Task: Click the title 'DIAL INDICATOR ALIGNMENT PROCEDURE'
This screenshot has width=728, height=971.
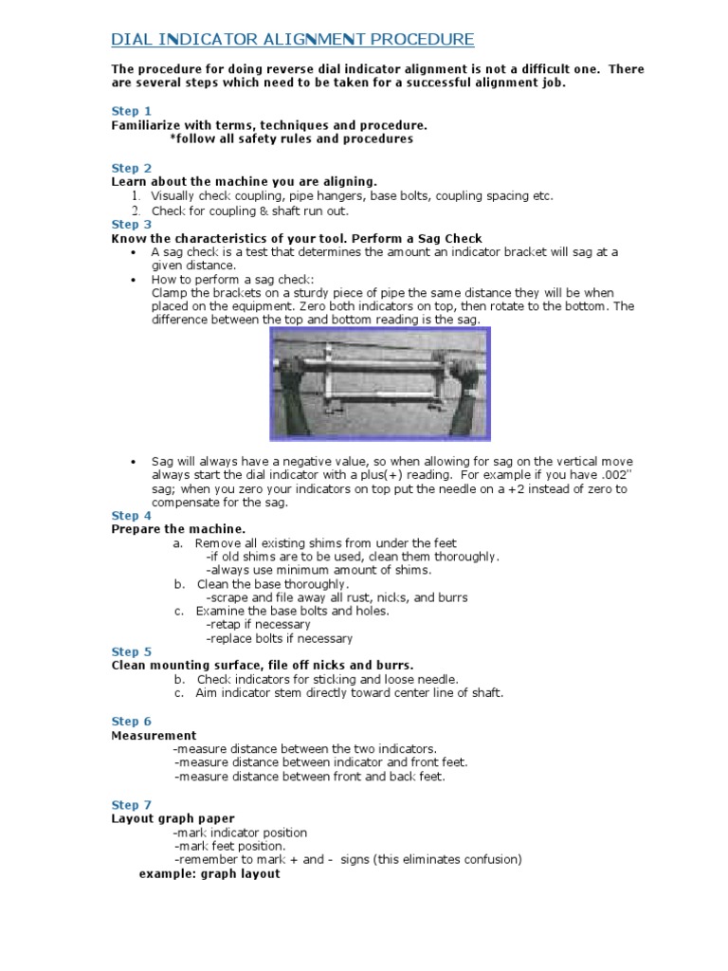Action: coord(293,39)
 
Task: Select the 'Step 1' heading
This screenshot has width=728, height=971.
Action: coord(132,111)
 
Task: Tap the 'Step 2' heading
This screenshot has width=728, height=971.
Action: coord(132,168)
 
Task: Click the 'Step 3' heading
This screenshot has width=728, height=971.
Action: coord(132,225)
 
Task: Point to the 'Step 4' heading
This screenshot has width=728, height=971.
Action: coord(132,516)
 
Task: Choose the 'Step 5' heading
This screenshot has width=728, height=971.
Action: coord(132,651)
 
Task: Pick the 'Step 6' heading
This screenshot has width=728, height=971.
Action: coord(132,722)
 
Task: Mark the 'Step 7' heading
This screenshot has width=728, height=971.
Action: coord(132,805)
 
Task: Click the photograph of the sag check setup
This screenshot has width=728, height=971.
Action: coord(380,384)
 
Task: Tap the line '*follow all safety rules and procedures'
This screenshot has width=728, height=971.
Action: coord(291,138)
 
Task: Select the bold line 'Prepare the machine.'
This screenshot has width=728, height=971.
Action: coord(178,529)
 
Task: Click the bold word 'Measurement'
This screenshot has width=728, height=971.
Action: coord(155,736)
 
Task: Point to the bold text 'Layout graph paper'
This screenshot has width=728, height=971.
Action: coord(173,818)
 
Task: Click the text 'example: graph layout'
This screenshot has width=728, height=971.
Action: coord(209,873)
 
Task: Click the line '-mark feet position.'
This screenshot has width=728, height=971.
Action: coord(229,846)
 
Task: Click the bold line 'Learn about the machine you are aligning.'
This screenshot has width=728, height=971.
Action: coord(245,181)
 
